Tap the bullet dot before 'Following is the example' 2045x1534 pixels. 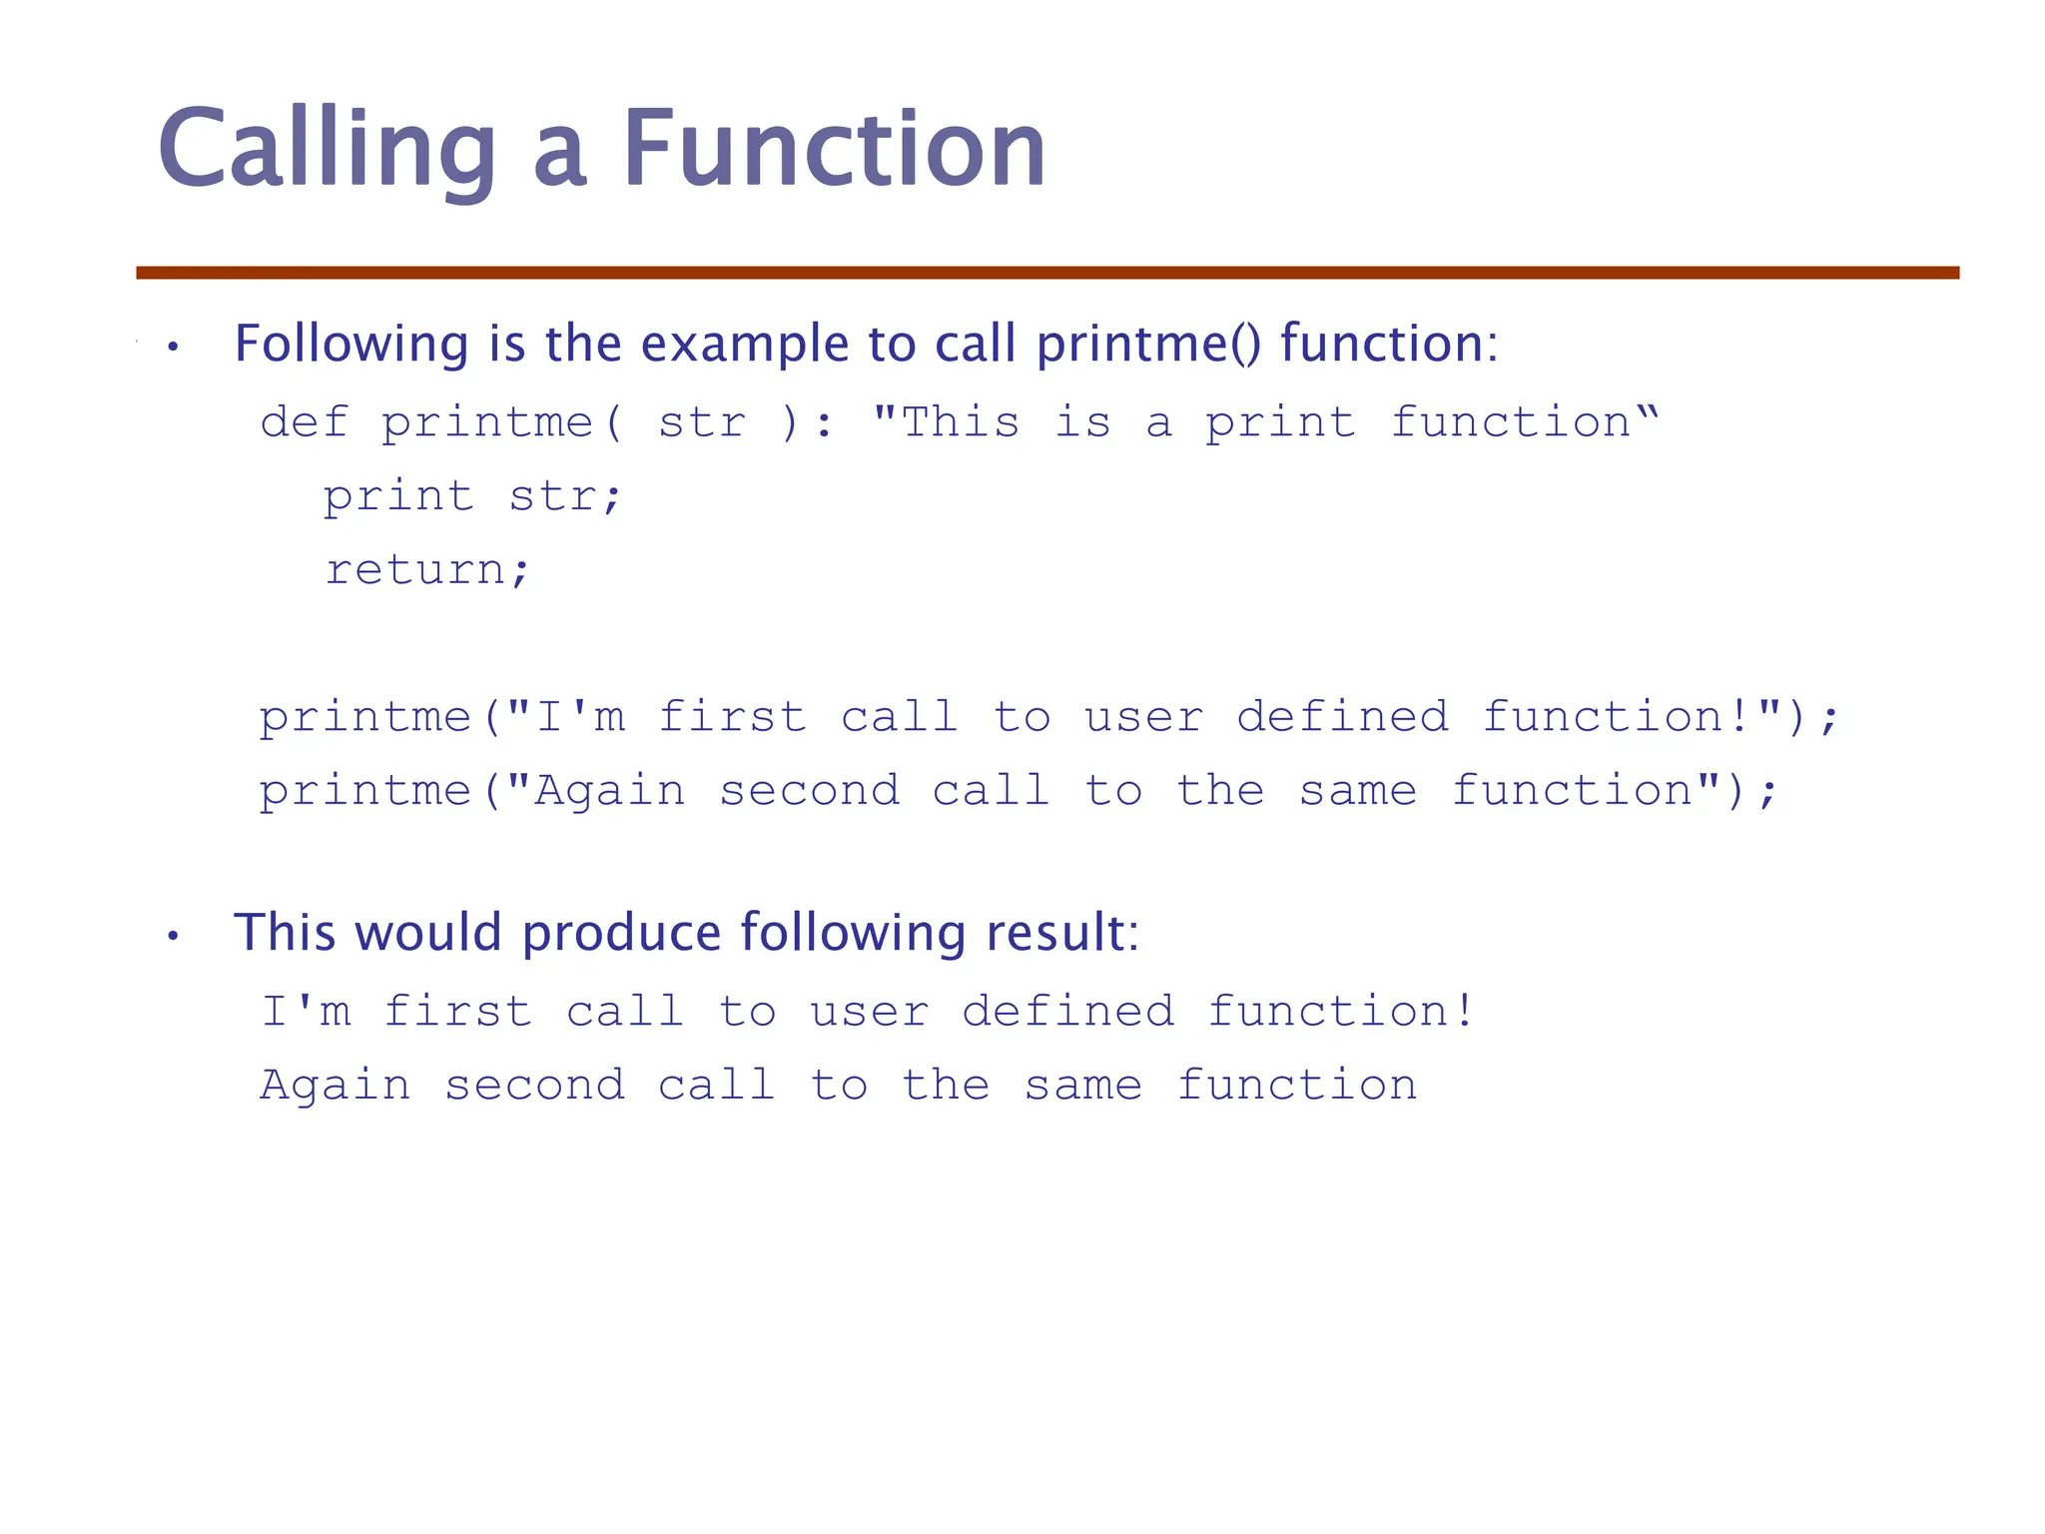(173, 348)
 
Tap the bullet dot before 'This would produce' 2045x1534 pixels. (173, 937)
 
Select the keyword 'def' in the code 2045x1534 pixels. (304, 421)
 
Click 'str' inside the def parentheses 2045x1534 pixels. (702, 421)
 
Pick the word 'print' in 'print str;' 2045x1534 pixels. (397, 496)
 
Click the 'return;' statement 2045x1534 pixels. (427, 570)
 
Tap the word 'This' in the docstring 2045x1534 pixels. (960, 421)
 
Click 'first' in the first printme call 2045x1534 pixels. (732, 717)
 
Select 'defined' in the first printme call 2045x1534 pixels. (1342, 717)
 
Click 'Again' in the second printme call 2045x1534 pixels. (610, 791)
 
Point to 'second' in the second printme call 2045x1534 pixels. (809, 791)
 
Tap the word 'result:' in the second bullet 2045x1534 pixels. (1061, 933)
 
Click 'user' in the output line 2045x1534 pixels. (869, 1012)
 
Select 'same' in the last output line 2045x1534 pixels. (1082, 1086)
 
